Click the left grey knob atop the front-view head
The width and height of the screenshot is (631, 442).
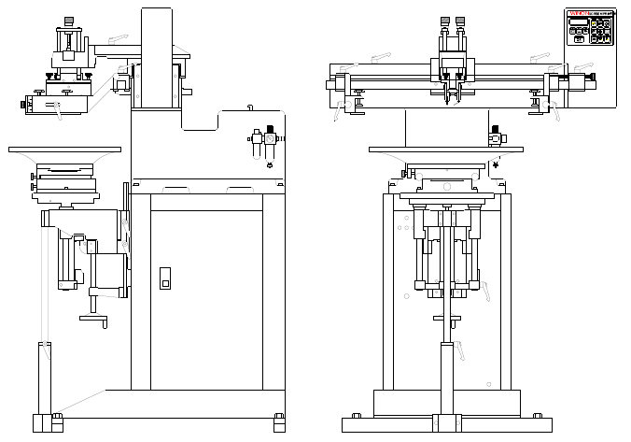coord(444,21)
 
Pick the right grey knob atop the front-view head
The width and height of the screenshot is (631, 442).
coord(461,21)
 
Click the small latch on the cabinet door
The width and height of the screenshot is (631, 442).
coord(166,278)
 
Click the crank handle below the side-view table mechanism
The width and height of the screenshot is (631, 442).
coord(92,319)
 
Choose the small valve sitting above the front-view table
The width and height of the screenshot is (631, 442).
coord(496,137)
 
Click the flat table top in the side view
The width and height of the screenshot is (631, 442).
coord(63,149)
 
